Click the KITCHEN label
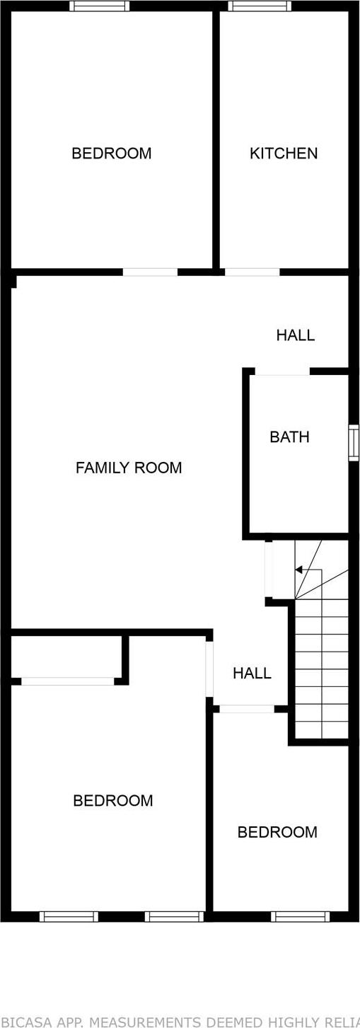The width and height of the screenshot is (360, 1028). click(x=284, y=154)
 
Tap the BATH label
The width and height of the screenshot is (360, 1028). click(x=289, y=437)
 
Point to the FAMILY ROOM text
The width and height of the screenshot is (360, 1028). click(x=129, y=468)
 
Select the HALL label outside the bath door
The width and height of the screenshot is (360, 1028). click(x=295, y=335)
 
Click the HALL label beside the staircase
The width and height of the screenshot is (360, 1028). click(x=252, y=674)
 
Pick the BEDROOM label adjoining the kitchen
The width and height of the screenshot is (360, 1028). click(x=111, y=154)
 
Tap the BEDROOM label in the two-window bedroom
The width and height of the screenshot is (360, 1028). click(x=112, y=801)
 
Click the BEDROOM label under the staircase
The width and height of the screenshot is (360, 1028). click(x=277, y=832)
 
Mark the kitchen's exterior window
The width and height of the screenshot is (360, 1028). click(x=260, y=6)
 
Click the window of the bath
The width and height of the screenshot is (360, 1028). click(x=354, y=443)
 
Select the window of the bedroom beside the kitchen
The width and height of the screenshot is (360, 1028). click(x=100, y=6)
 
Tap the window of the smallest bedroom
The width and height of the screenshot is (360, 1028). click(x=300, y=916)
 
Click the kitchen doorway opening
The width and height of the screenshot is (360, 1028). click(x=252, y=272)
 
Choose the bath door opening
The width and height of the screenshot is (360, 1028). click(x=282, y=371)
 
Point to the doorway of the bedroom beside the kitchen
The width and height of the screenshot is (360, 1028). click(x=150, y=272)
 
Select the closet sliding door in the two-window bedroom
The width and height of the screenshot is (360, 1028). click(x=68, y=681)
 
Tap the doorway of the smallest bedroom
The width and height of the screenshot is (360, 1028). click(x=246, y=708)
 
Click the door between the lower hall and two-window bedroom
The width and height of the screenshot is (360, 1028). click(x=209, y=669)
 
